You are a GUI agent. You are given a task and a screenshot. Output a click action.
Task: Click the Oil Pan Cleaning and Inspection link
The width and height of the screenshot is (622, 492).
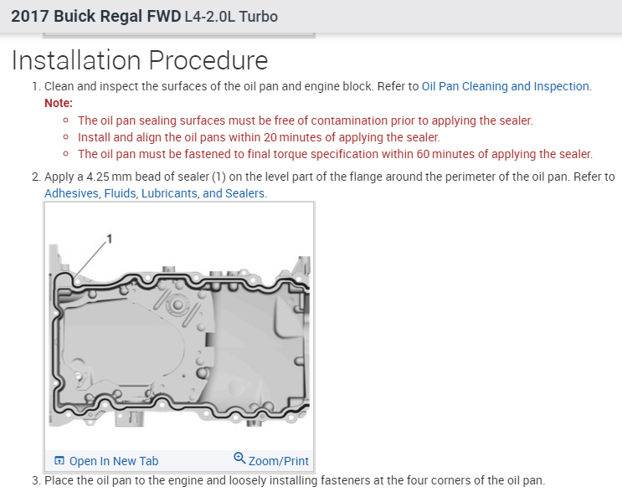(506, 86)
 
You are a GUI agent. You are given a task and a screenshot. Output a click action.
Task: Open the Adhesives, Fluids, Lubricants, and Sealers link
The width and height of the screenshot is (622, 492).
(155, 193)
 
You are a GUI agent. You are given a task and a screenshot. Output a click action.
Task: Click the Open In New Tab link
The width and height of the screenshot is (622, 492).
(114, 461)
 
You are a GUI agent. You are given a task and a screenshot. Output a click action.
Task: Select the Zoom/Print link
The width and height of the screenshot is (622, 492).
(278, 461)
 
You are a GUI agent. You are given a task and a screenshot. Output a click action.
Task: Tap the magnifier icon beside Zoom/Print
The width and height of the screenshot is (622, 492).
(239, 459)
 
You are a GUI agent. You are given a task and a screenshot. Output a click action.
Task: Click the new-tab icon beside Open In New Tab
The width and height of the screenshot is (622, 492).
(59, 461)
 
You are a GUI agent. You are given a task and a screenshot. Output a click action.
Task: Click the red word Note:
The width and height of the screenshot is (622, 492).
(59, 103)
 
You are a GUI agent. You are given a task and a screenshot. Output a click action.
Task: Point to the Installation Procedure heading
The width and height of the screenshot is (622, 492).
(140, 60)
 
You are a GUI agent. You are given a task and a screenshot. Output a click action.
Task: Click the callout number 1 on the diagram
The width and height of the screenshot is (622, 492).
(109, 239)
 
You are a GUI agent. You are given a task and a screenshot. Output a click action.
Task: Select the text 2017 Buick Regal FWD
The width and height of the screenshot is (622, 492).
(95, 17)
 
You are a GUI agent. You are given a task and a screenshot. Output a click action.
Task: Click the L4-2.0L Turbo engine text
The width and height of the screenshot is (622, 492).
(230, 17)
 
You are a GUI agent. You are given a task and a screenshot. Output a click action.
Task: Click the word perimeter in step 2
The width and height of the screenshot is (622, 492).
(481, 177)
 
